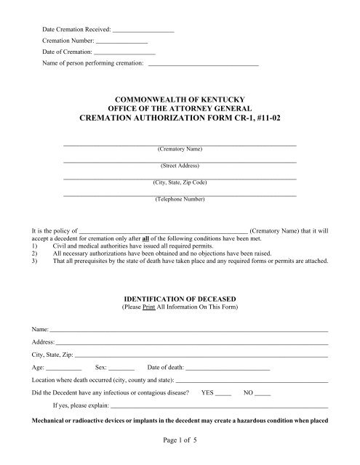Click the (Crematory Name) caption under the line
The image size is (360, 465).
point(180,149)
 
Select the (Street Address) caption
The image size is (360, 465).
point(180,166)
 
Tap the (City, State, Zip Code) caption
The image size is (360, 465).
point(180,182)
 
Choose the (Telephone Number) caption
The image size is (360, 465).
point(180,199)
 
